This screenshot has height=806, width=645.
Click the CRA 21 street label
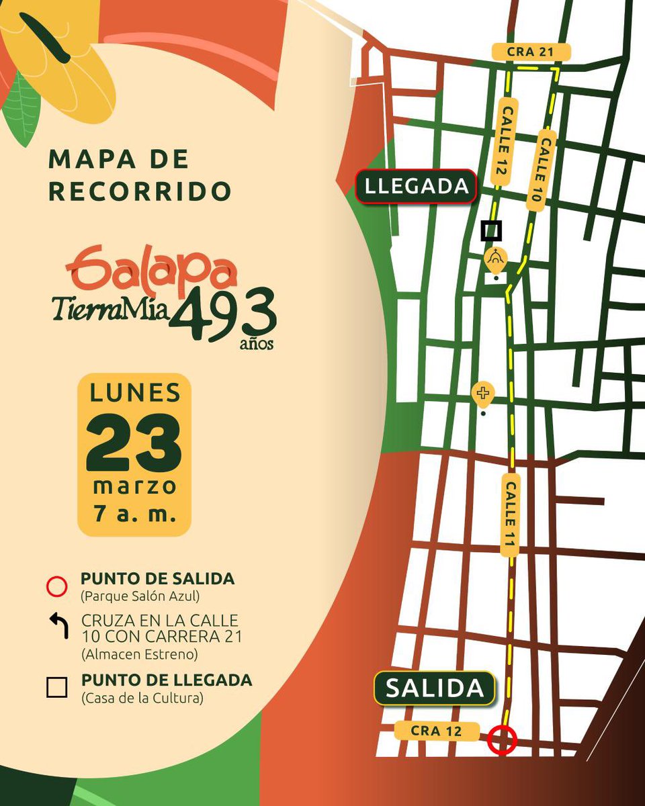[x=531, y=52]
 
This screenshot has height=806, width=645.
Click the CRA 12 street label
[x=436, y=731]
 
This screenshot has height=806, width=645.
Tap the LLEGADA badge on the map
[x=416, y=186]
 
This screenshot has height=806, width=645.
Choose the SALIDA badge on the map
[x=435, y=688]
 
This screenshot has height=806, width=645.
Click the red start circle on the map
[x=502, y=741]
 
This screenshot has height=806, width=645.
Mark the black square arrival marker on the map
[x=491, y=231]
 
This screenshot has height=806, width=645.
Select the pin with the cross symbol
[x=482, y=394]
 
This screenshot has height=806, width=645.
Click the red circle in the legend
[x=57, y=586]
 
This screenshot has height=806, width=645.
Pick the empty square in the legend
[x=57, y=688]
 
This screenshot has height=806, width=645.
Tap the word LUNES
[x=134, y=392]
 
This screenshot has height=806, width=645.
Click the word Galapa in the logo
[x=151, y=269]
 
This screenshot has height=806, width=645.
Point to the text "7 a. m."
[x=134, y=514]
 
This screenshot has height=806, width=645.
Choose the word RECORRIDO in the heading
[x=140, y=192]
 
